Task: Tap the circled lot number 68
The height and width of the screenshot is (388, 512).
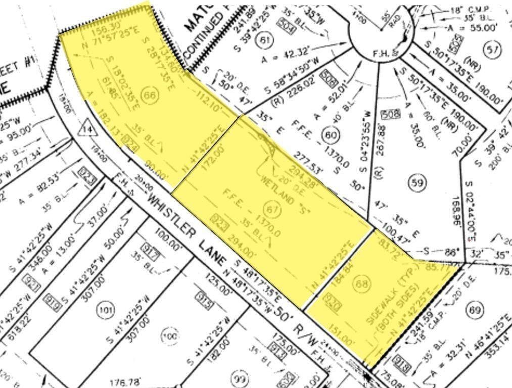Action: point(362,284)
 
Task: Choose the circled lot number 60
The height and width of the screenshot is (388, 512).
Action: point(331,135)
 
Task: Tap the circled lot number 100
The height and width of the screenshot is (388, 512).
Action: point(170,334)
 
